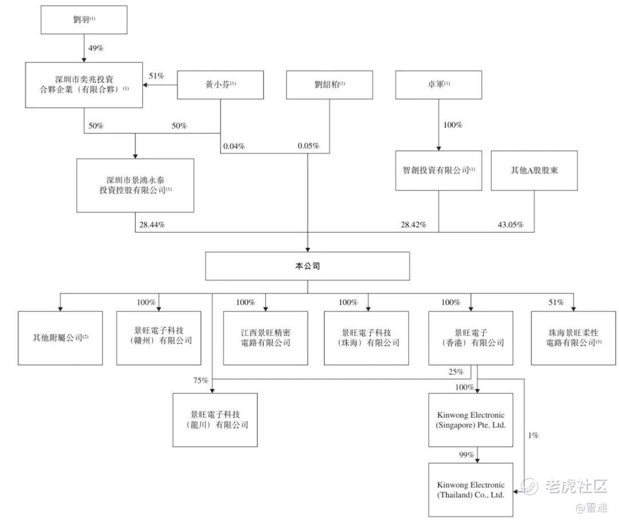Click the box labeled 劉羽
pyautogui.click(x=84, y=19)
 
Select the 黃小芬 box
pyautogui.click(x=221, y=85)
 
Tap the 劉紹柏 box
pyautogui.click(x=330, y=85)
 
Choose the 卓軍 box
pyautogui.click(x=439, y=85)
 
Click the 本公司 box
pyautogui.click(x=308, y=266)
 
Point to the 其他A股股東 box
pyautogui.click(x=534, y=170)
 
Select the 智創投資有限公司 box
pyautogui.click(x=438, y=170)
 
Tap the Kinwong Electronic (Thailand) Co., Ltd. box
pyautogui.click(x=471, y=489)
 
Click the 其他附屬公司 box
pyautogui.click(x=60, y=338)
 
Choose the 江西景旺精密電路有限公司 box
pyautogui.click(x=265, y=338)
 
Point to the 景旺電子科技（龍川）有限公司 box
pyautogui.click(x=216, y=420)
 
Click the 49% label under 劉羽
pyautogui.click(x=96, y=48)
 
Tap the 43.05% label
pyautogui.click(x=510, y=225)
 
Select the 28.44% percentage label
pyautogui.click(x=151, y=225)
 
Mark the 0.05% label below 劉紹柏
pyautogui.click(x=308, y=146)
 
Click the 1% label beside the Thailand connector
pyautogui.click(x=533, y=435)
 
